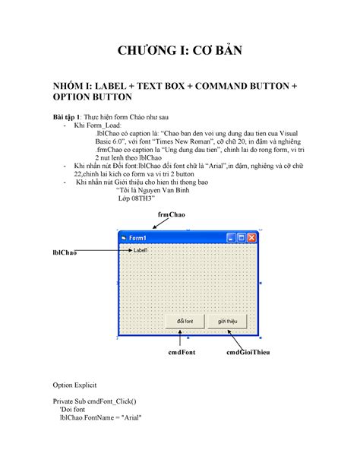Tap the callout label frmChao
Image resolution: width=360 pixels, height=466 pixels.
point(171,216)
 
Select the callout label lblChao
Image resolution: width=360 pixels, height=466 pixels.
point(65,252)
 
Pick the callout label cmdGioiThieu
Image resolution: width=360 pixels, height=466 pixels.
point(249,353)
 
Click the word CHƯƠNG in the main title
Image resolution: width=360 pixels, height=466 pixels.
point(149,52)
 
